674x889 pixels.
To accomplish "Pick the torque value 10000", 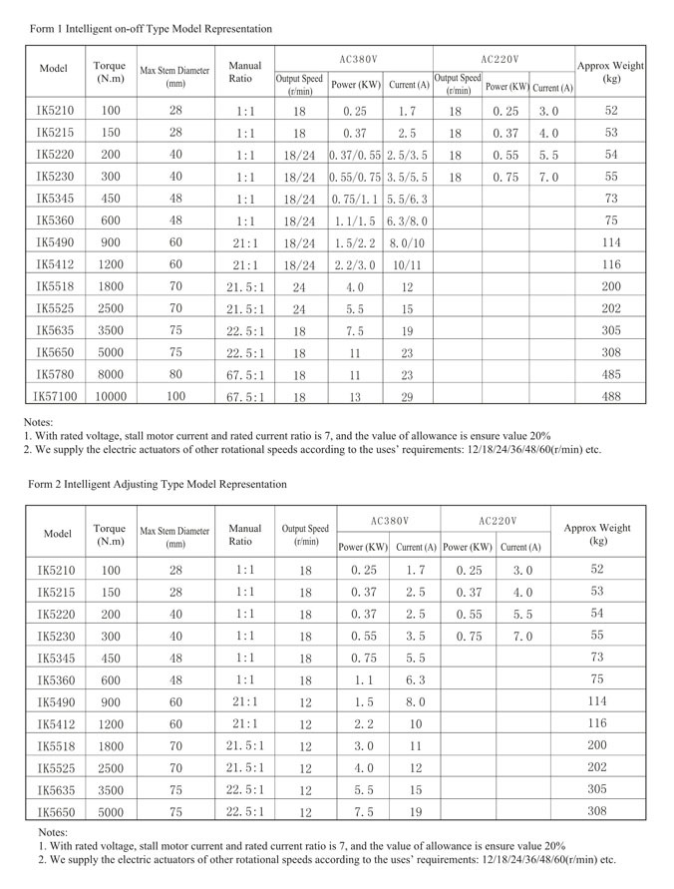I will click(110, 396).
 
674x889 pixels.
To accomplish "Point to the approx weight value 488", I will click(610, 396).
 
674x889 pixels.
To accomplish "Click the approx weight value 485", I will click(610, 374).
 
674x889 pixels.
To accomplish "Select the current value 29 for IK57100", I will click(407, 396).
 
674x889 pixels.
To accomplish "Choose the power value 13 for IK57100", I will click(354, 396).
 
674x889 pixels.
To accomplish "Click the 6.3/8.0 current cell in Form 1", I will click(407, 221).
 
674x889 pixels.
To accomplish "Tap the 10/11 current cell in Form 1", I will click(407, 264).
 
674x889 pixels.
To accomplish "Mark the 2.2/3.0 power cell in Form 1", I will click(354, 264).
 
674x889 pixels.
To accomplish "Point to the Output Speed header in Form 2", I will click(305, 534).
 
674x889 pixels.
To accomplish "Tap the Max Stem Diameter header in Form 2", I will click(175, 537).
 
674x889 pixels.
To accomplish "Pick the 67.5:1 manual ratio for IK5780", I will click(244, 374).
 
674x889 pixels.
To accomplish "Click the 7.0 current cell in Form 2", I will click(522, 636).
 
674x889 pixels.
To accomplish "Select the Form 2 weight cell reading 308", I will click(597, 811).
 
